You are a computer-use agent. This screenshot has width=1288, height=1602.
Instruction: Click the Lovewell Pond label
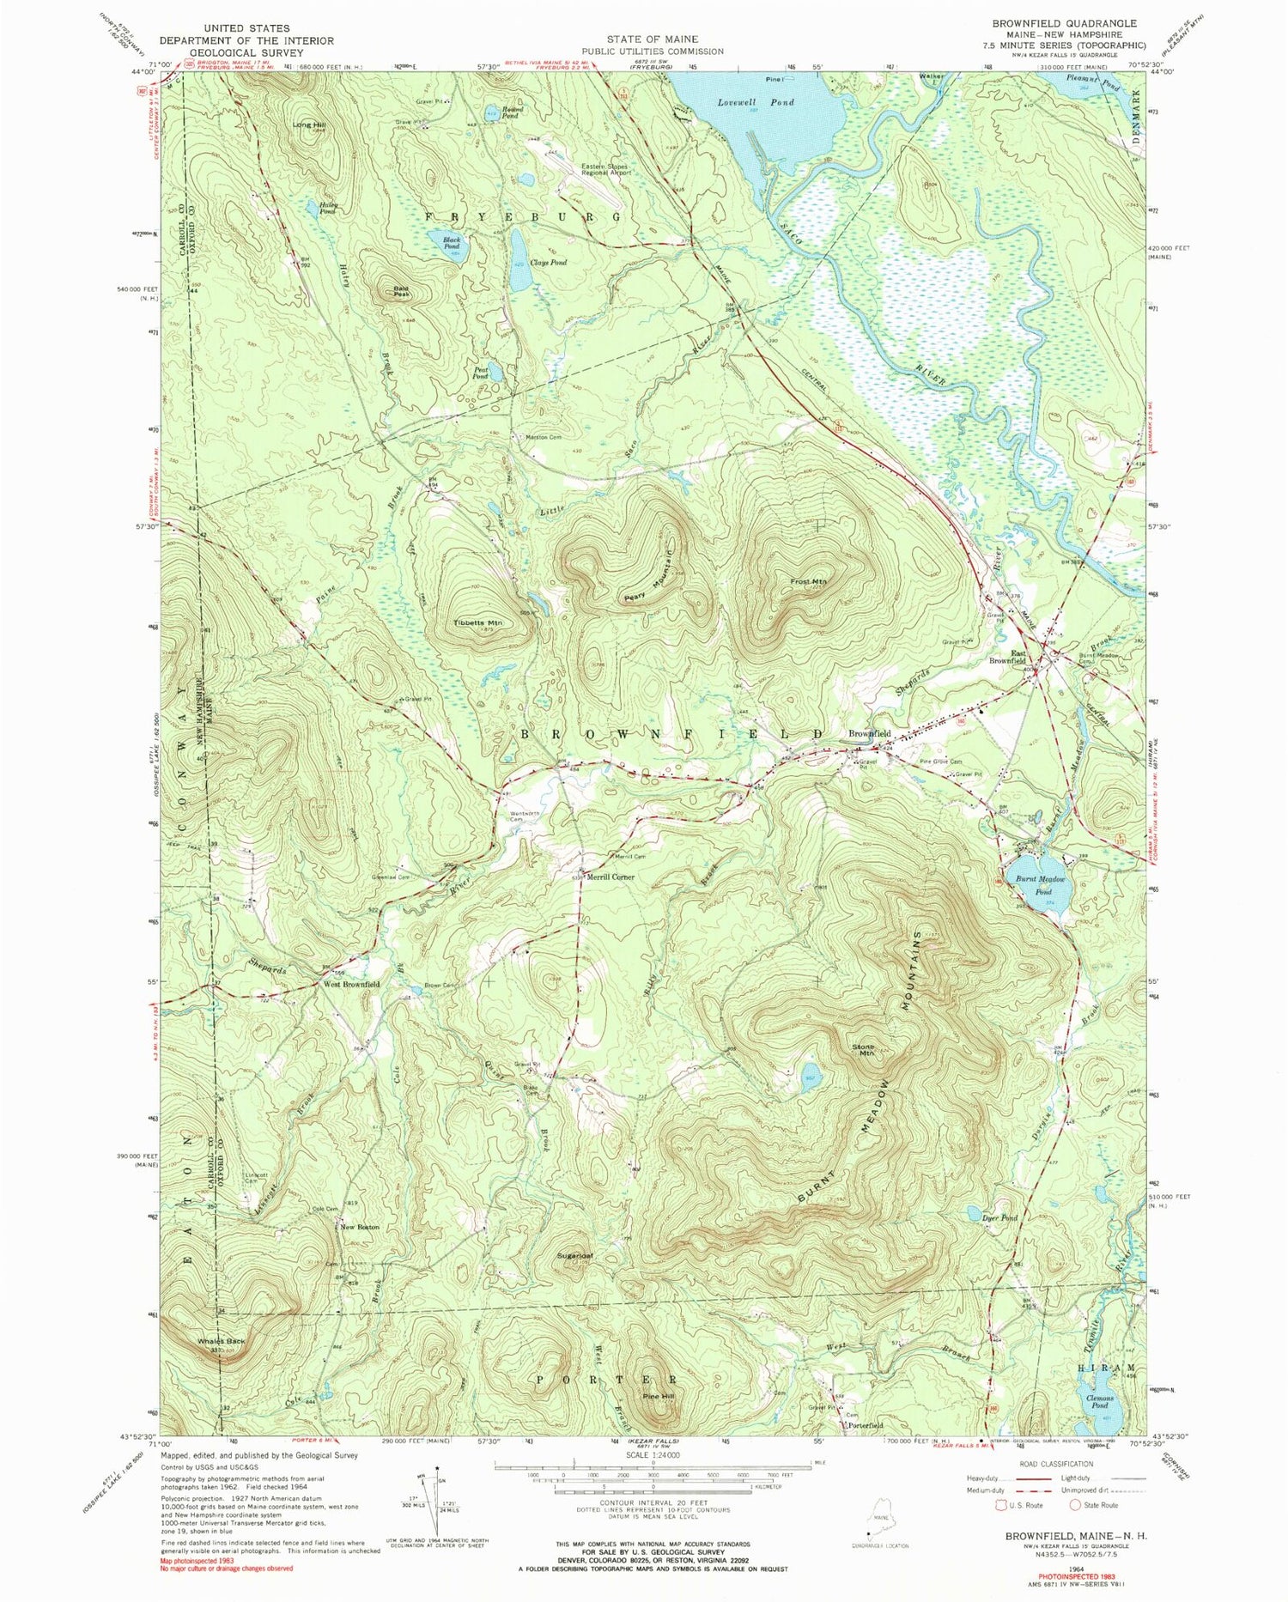[756, 102]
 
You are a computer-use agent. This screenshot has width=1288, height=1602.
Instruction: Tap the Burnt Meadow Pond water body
[1042, 885]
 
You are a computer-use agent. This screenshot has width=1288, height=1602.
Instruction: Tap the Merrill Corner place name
[611, 877]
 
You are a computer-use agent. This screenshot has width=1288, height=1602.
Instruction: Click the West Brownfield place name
[351, 985]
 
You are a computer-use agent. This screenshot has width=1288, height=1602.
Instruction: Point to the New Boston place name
[360, 1227]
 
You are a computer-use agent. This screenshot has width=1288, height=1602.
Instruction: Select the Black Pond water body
[451, 245]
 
